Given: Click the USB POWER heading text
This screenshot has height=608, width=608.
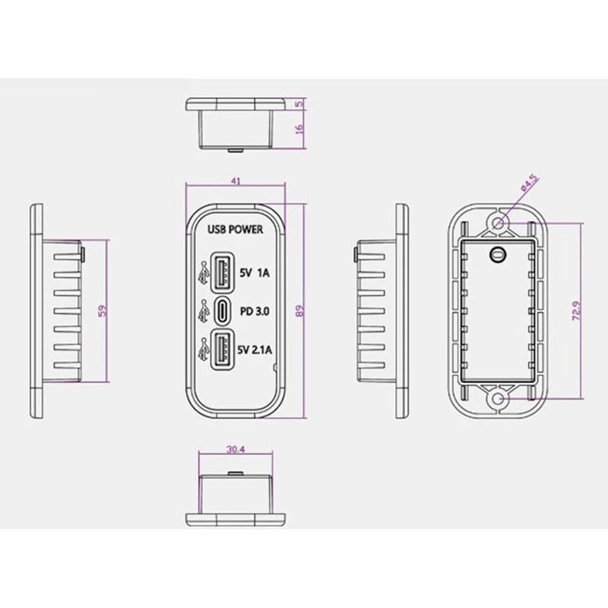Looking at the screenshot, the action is tap(235, 230).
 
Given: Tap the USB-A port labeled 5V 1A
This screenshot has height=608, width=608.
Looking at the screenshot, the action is tap(222, 272).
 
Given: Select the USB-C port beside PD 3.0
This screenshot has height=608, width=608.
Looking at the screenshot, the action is tap(222, 311).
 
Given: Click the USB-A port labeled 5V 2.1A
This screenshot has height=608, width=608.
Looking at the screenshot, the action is tap(222, 350).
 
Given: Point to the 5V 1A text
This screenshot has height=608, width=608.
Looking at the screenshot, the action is tap(255, 273).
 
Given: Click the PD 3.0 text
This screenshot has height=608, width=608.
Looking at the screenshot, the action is tap(255, 312).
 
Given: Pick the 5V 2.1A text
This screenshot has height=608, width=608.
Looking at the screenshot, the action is tap(255, 350).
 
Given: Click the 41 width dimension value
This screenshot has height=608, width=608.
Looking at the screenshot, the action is tap(236, 181).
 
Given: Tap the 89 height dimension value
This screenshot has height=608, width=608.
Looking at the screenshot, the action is tap(300, 312).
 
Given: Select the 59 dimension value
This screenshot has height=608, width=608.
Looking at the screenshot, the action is tap(103, 311).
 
